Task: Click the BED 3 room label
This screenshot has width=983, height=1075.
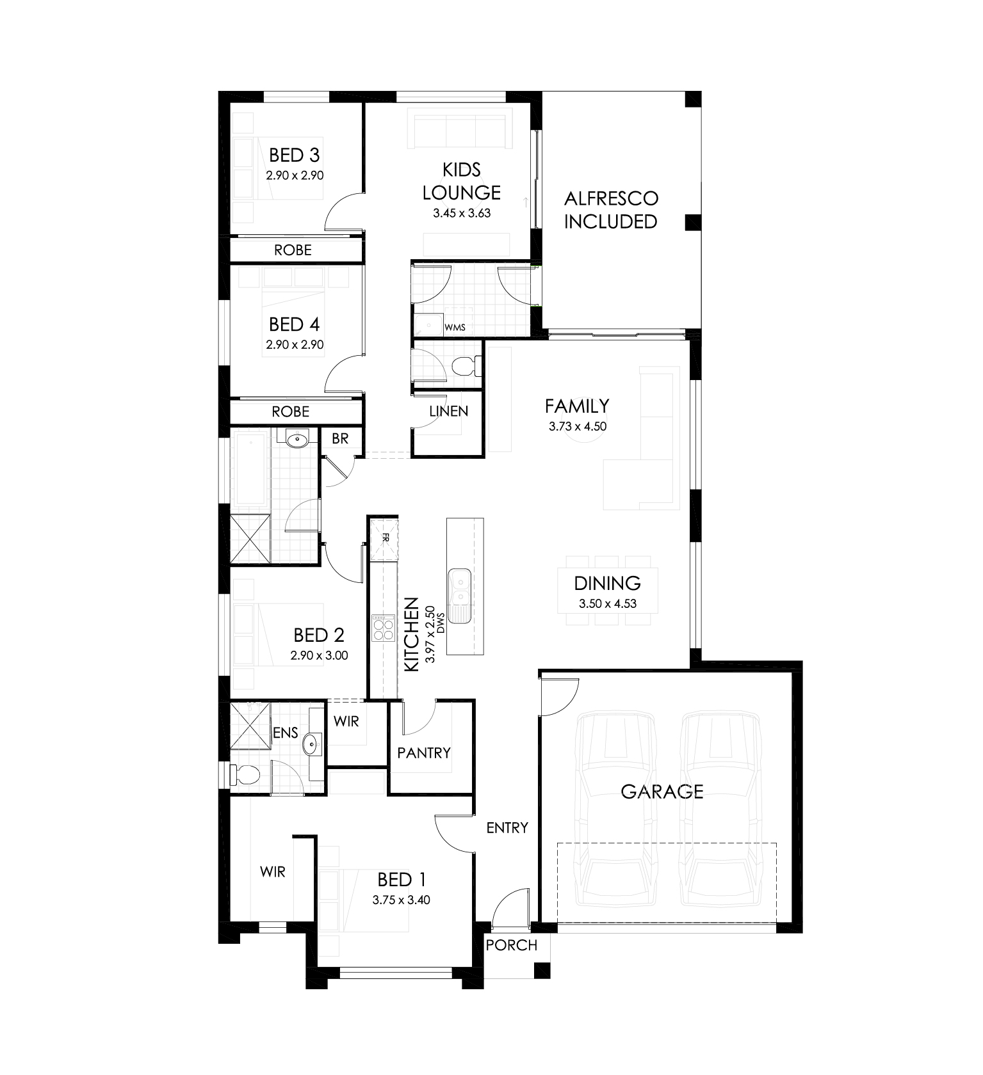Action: coord(294,155)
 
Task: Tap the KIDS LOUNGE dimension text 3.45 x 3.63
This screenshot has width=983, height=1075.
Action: coord(462,213)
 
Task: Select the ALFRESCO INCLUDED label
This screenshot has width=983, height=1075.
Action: coord(611,210)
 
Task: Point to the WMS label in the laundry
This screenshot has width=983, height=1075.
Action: coord(455,328)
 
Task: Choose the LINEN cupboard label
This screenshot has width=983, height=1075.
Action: coord(448,411)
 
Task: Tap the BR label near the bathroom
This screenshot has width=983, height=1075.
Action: coord(340,439)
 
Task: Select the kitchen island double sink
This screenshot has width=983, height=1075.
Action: coord(459,587)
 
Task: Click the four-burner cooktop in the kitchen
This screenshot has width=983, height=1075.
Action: coord(384,628)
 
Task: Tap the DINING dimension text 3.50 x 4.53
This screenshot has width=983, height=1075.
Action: coord(608,603)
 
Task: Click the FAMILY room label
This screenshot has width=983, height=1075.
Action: coord(577,406)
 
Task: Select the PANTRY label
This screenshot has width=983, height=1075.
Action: coord(424,753)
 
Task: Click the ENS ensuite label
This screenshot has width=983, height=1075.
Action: coord(286,733)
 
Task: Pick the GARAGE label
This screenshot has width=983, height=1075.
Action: coord(662,792)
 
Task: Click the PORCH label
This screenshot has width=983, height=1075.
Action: coord(512,945)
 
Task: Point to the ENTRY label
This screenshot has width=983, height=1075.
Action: coord(507,828)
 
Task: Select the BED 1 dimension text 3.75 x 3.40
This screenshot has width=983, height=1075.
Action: coord(402,900)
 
